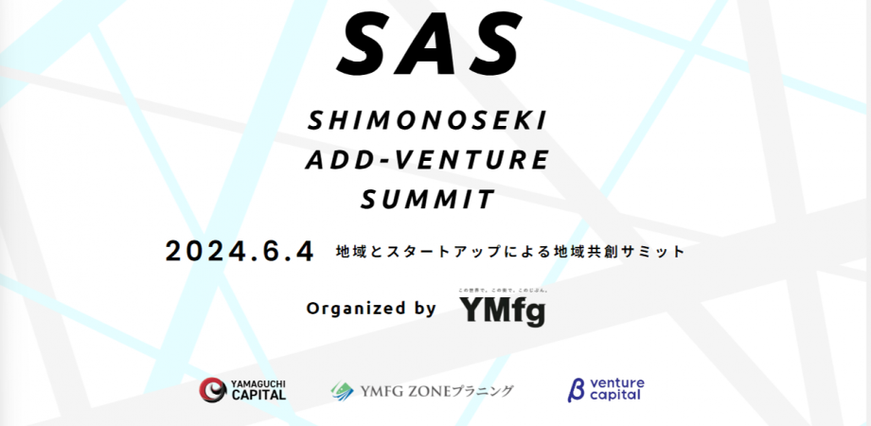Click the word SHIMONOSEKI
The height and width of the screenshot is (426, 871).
point(428,120)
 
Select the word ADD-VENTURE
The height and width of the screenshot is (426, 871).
point(427,160)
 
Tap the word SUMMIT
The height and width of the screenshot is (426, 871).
point(428,200)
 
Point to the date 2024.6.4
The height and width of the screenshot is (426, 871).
point(239,252)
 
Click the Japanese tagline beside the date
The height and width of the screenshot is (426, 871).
point(509,253)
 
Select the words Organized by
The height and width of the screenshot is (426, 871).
point(371,308)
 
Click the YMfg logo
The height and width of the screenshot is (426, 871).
point(502,311)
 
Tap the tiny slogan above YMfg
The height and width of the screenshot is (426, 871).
point(503,289)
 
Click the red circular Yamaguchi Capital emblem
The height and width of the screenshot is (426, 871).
point(212,389)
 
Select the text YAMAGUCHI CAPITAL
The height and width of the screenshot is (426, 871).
point(258,389)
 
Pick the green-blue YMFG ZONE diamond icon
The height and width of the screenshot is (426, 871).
point(342,390)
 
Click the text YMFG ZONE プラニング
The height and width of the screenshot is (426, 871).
point(436,390)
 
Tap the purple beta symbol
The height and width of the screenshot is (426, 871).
point(575,389)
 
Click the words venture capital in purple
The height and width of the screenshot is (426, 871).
point(616,389)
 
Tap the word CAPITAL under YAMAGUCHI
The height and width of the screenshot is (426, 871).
point(258,396)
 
